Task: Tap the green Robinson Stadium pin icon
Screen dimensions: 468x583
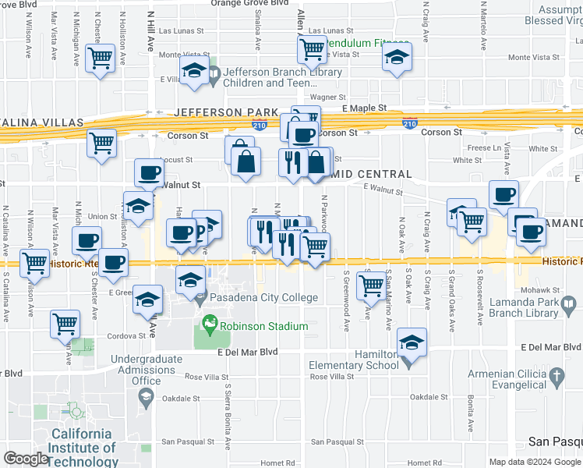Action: [x=208, y=322]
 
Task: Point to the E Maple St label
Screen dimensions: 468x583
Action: [x=365, y=108]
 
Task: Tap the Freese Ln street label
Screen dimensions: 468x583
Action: [x=485, y=147]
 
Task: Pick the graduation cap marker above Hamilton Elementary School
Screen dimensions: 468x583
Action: [x=412, y=342]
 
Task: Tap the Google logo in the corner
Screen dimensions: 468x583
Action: [x=25, y=459]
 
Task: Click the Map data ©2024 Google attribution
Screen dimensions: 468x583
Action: [x=535, y=462]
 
